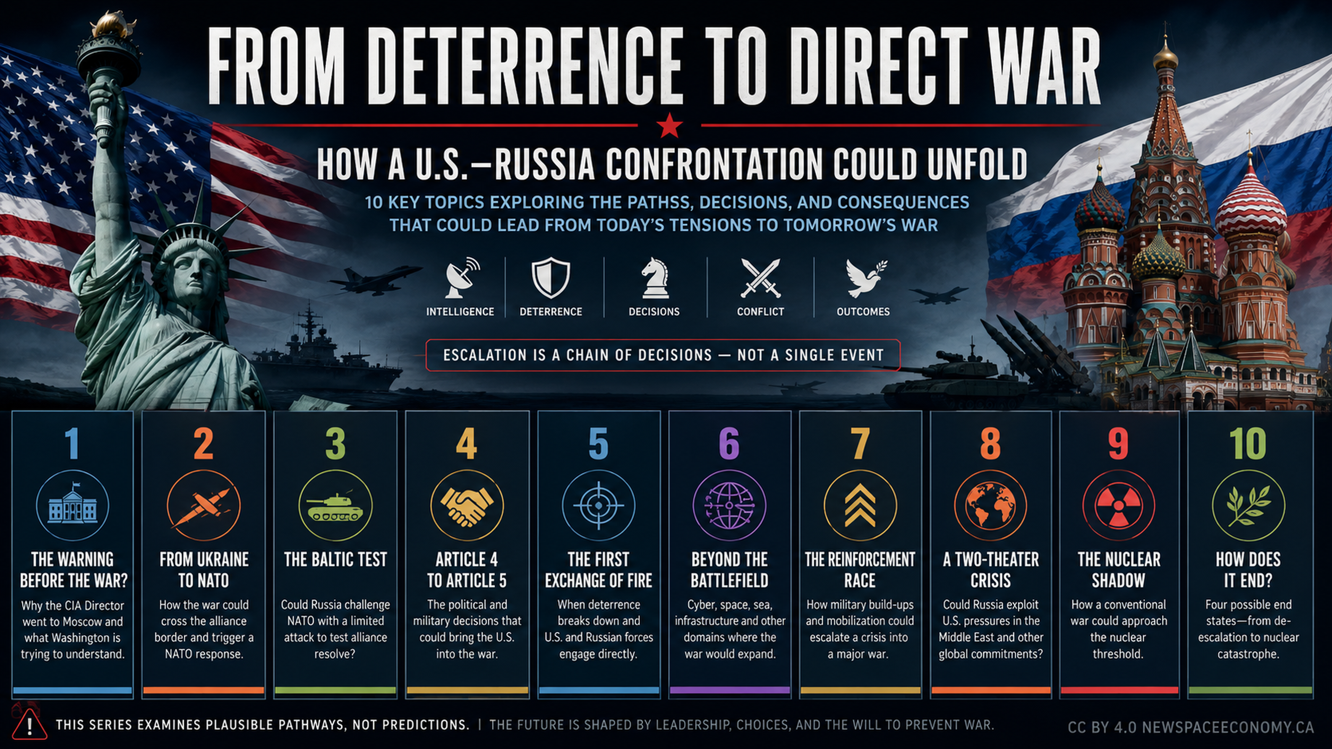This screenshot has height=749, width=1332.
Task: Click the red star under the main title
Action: click(x=669, y=125)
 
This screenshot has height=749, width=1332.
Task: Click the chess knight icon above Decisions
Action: click(x=655, y=278)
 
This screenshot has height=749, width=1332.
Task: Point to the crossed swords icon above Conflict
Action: click(x=760, y=278)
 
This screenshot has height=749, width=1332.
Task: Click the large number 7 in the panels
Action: click(x=860, y=444)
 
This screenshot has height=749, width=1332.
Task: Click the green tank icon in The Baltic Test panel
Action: click(x=335, y=507)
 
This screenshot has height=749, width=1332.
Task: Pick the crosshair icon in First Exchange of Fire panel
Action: click(x=598, y=505)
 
